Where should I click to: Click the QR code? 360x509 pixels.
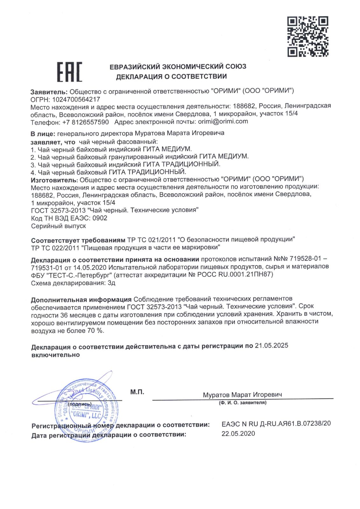(307, 37)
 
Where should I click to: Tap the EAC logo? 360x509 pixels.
(69, 72)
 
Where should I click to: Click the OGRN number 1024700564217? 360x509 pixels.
(76, 99)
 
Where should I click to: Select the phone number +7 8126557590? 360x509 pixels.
(85, 122)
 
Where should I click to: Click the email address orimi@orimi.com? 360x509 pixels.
(223, 122)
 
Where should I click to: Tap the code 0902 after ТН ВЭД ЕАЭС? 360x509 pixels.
(100, 218)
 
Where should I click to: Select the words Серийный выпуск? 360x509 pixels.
(59, 226)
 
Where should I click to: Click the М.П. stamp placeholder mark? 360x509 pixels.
(137, 392)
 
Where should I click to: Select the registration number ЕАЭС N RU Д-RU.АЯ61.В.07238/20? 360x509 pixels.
(276, 424)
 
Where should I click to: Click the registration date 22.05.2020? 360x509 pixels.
(238, 434)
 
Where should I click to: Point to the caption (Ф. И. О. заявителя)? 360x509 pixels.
(243, 403)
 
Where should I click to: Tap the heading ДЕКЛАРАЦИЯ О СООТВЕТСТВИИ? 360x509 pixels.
(171, 77)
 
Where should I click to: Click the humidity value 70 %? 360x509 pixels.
(95, 331)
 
